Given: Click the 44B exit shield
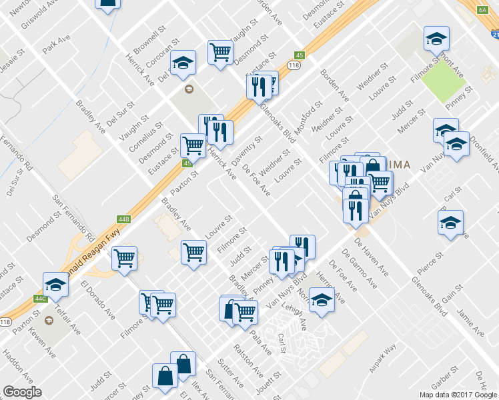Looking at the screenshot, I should tap(123, 219).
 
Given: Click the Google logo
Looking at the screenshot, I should tap(21, 391).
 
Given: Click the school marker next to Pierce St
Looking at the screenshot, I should tap(450, 223).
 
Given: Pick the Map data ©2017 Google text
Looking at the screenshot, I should tap(458, 395).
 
